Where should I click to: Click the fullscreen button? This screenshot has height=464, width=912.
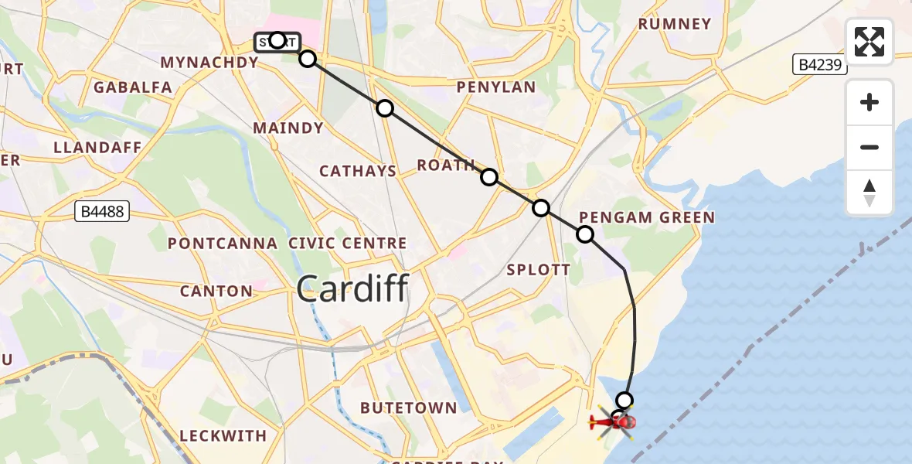pyautogui.click(x=869, y=42)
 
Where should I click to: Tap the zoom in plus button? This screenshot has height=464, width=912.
pyautogui.click(x=869, y=103)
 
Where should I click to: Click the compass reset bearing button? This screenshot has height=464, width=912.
pyautogui.click(x=869, y=193)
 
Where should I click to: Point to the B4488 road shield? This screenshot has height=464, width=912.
pyautogui.click(x=101, y=211)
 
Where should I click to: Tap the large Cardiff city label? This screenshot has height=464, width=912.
pyautogui.click(x=352, y=289)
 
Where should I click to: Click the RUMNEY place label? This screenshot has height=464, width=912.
pyautogui.click(x=675, y=24)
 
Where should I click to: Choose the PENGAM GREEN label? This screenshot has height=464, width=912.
pyautogui.click(x=647, y=217)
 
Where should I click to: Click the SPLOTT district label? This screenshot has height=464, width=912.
pyautogui.click(x=538, y=270)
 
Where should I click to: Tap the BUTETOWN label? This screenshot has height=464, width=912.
pyautogui.click(x=419, y=408)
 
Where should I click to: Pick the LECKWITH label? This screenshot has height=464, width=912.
pyautogui.click(x=223, y=436)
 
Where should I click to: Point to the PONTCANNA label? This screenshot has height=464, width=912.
pyautogui.click(x=223, y=244)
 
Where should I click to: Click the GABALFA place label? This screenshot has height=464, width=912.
pyautogui.click(x=133, y=87)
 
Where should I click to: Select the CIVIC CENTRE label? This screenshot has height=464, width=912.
pyautogui.click(x=348, y=244)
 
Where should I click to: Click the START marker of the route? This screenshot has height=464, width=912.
pyautogui.click(x=277, y=41)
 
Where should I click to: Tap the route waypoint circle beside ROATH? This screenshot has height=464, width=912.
pyautogui.click(x=489, y=177)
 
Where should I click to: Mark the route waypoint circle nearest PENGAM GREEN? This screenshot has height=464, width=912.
pyautogui.click(x=585, y=234)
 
